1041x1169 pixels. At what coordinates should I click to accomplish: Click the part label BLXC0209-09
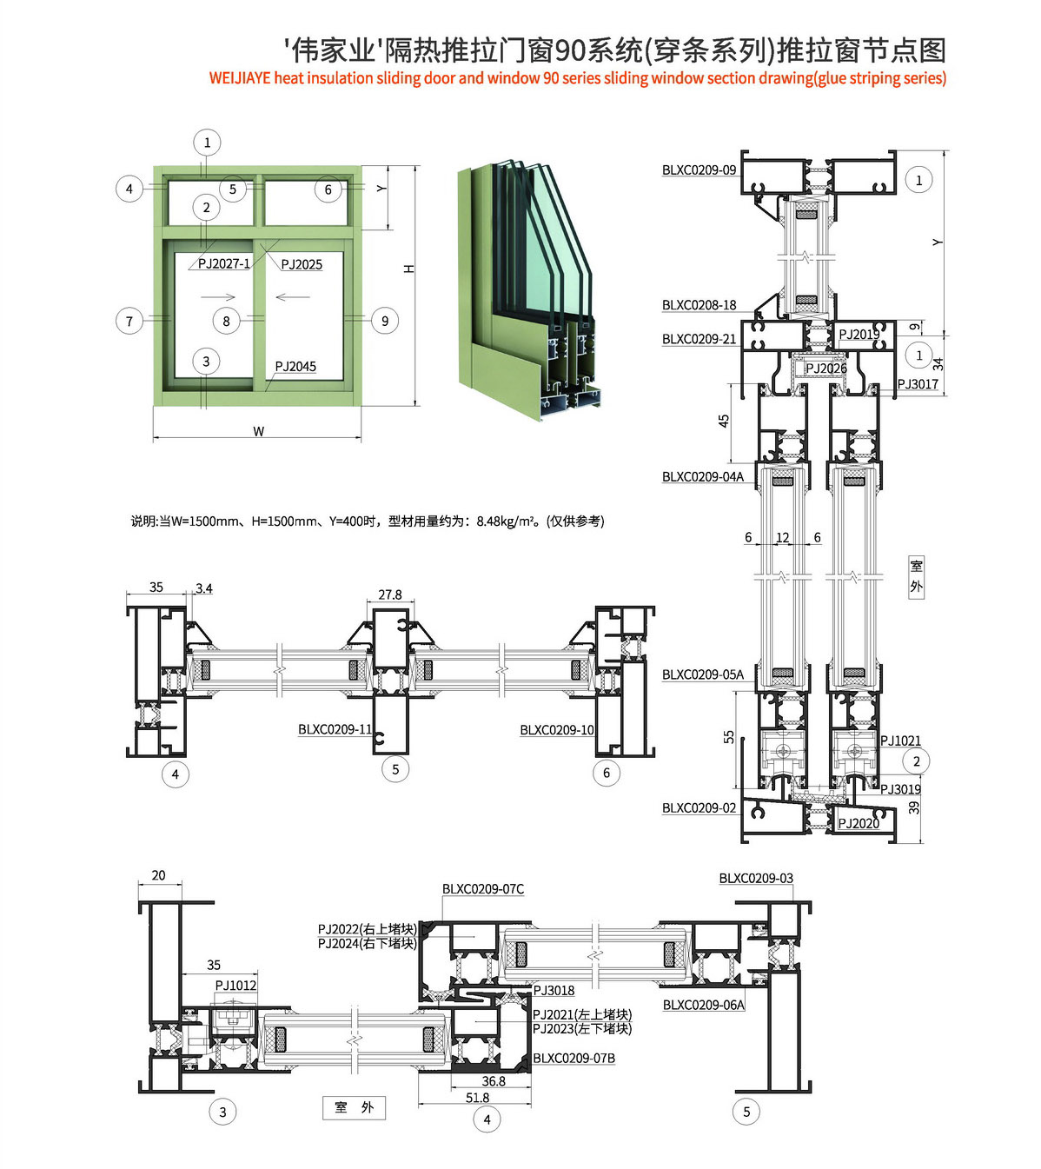(699, 170)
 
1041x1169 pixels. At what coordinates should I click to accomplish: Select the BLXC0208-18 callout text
(699, 305)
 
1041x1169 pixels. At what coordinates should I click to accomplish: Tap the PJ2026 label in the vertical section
(826, 369)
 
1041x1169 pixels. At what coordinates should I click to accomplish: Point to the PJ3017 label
(918, 384)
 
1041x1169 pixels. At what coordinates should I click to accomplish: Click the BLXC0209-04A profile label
(702, 477)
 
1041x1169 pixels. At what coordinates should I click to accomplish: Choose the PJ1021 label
(900, 741)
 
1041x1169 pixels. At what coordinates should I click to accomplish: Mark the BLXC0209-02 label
(699, 808)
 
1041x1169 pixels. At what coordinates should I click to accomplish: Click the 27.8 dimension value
(390, 595)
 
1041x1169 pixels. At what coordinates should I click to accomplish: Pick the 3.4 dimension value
(204, 588)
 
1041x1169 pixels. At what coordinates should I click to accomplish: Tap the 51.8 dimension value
(477, 1098)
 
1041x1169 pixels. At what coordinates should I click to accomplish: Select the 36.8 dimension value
(493, 1081)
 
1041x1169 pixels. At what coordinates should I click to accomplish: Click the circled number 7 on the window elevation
(129, 322)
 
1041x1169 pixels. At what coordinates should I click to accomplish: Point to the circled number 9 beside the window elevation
(385, 322)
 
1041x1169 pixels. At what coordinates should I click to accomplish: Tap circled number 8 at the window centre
(226, 322)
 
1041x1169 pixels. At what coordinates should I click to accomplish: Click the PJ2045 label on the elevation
(295, 367)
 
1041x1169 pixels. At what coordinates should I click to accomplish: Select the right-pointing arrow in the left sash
(218, 297)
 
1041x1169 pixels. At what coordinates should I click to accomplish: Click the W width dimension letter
(258, 431)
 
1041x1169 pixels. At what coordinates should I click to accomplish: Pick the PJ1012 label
(236, 985)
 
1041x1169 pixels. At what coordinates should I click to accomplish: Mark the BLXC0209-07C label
(482, 889)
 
